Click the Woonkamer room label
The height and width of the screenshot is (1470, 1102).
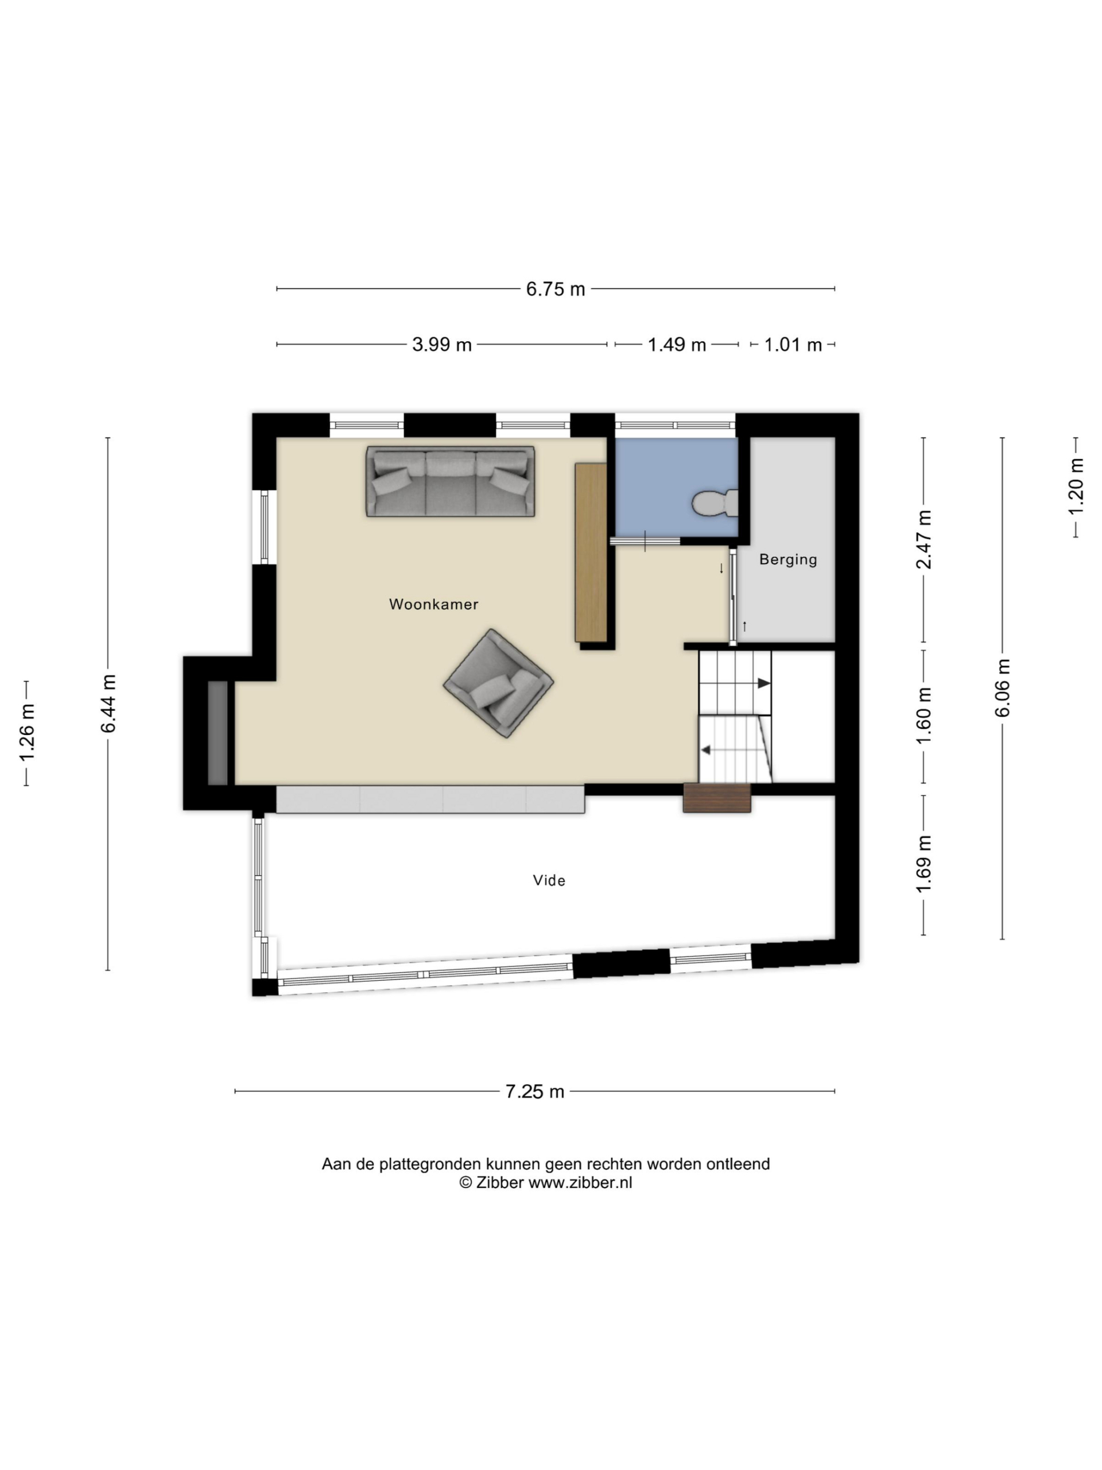tap(433, 604)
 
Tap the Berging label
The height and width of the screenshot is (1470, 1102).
tap(788, 559)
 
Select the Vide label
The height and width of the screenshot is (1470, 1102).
tap(549, 880)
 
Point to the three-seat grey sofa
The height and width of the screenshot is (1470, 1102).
tap(451, 481)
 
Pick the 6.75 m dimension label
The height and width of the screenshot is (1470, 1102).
tap(556, 289)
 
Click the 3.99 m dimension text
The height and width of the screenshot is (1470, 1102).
tap(442, 345)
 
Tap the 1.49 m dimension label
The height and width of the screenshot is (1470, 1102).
tap(677, 345)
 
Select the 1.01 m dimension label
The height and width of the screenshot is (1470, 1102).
tap(793, 345)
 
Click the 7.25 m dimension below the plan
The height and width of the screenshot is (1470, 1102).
tap(535, 1092)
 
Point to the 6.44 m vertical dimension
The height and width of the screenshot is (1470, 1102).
tap(108, 704)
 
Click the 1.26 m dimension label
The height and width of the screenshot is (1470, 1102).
tap(26, 733)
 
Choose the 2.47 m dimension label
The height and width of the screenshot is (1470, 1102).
tap(924, 540)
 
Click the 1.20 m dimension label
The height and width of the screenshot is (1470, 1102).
tap(1076, 486)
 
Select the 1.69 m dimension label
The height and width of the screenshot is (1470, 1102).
tap(924, 865)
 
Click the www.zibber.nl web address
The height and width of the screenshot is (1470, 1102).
tap(580, 1183)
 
